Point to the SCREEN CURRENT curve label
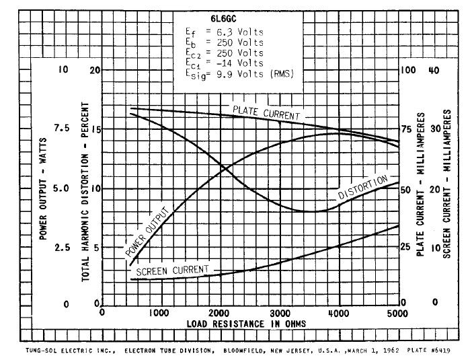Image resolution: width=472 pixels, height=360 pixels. tap(173, 270)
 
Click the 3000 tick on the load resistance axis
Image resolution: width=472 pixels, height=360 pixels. tap(280, 313)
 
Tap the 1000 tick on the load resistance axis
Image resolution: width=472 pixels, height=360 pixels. tap(161, 313)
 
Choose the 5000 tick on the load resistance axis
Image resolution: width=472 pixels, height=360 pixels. tap(397, 313)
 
